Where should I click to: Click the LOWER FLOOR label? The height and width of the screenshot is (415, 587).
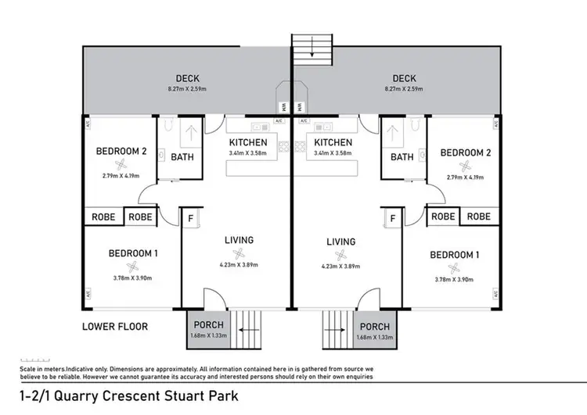[115, 326]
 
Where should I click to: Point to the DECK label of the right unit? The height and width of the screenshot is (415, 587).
[404, 78]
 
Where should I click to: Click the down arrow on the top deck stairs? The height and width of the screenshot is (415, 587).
[312, 54]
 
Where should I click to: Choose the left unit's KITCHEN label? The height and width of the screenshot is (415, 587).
[248, 143]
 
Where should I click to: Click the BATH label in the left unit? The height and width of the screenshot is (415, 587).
[182, 157]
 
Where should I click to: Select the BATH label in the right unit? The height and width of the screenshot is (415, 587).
[402, 157]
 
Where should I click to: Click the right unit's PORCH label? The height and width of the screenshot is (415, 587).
[376, 326]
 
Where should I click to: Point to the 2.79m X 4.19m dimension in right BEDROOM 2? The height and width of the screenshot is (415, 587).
[465, 178]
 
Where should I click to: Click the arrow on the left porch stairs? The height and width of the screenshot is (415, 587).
[245, 330]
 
